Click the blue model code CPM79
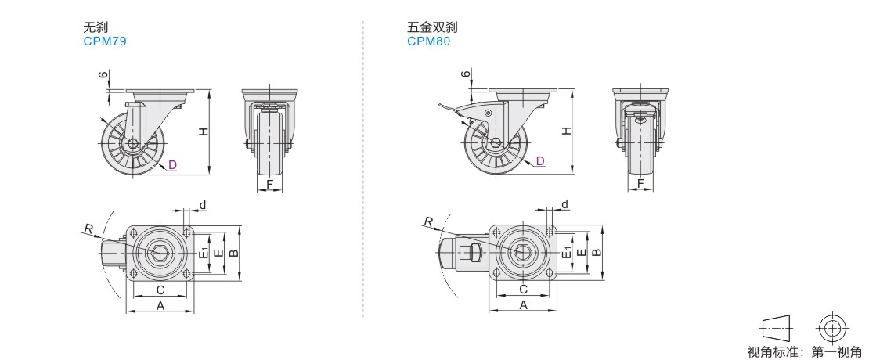click(x=105, y=41)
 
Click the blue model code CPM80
click(x=429, y=41)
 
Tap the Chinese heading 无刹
click(x=96, y=27)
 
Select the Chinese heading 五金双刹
click(x=432, y=27)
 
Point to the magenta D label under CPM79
click(x=172, y=164)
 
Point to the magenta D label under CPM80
click(x=540, y=161)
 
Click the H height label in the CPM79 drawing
click(x=204, y=131)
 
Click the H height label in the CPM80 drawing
click(x=565, y=131)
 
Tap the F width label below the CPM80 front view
click(x=640, y=183)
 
